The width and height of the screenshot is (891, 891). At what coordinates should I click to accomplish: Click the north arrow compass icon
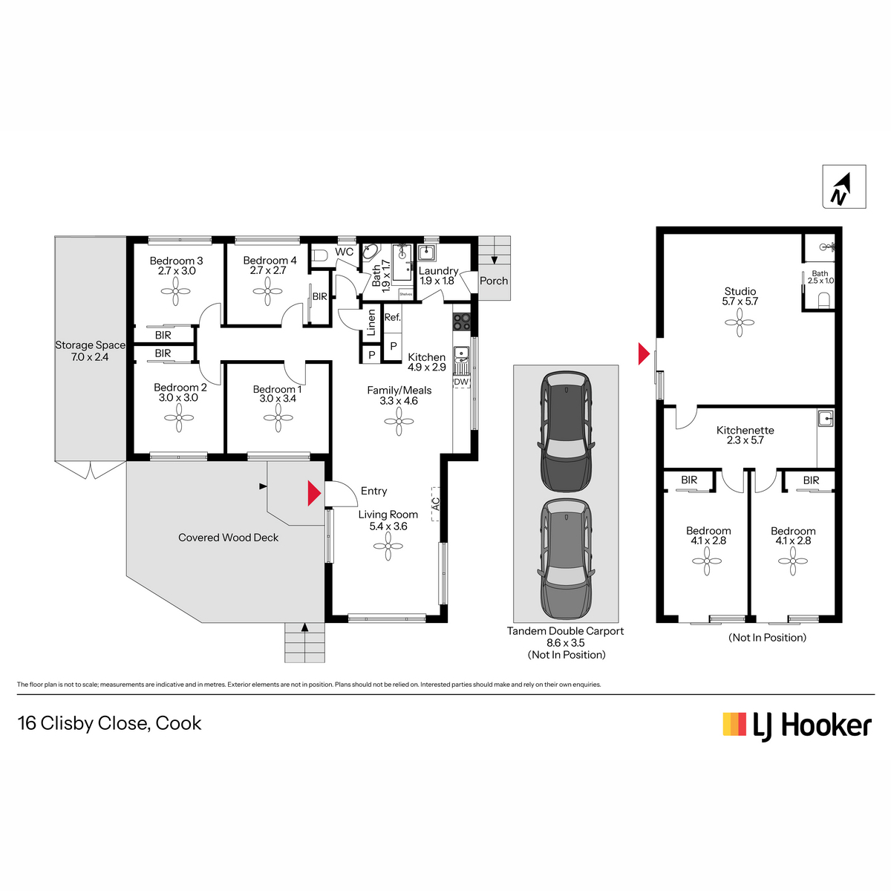(843, 186)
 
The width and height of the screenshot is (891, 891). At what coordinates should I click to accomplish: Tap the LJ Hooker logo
(797, 726)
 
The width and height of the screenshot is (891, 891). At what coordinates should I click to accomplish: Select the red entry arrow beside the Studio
(644, 353)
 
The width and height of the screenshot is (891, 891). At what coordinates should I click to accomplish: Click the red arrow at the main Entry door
(314, 493)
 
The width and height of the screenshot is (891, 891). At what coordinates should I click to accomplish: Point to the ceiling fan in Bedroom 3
(176, 291)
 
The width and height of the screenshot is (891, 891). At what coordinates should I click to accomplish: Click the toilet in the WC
(319, 255)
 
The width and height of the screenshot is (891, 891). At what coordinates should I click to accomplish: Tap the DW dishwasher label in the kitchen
(460, 382)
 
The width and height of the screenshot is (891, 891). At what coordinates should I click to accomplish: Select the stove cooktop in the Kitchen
(461, 322)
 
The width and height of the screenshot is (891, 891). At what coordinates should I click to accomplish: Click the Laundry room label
(438, 270)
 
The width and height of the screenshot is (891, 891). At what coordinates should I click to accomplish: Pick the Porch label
(493, 281)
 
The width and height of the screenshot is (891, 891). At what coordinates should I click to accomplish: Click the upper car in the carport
(566, 431)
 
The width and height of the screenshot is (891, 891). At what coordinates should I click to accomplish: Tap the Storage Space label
(90, 345)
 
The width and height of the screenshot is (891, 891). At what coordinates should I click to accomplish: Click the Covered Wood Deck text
(228, 538)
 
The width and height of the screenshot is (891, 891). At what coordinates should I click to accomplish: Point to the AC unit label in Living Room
(436, 503)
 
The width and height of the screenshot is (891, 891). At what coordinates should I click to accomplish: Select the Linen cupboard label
(371, 322)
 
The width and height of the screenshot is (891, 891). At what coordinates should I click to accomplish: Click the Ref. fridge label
(393, 317)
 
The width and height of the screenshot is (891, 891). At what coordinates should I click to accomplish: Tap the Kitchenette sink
(825, 418)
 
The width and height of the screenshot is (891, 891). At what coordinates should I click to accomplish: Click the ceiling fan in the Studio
(740, 322)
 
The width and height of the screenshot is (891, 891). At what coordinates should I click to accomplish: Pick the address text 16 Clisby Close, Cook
(109, 723)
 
